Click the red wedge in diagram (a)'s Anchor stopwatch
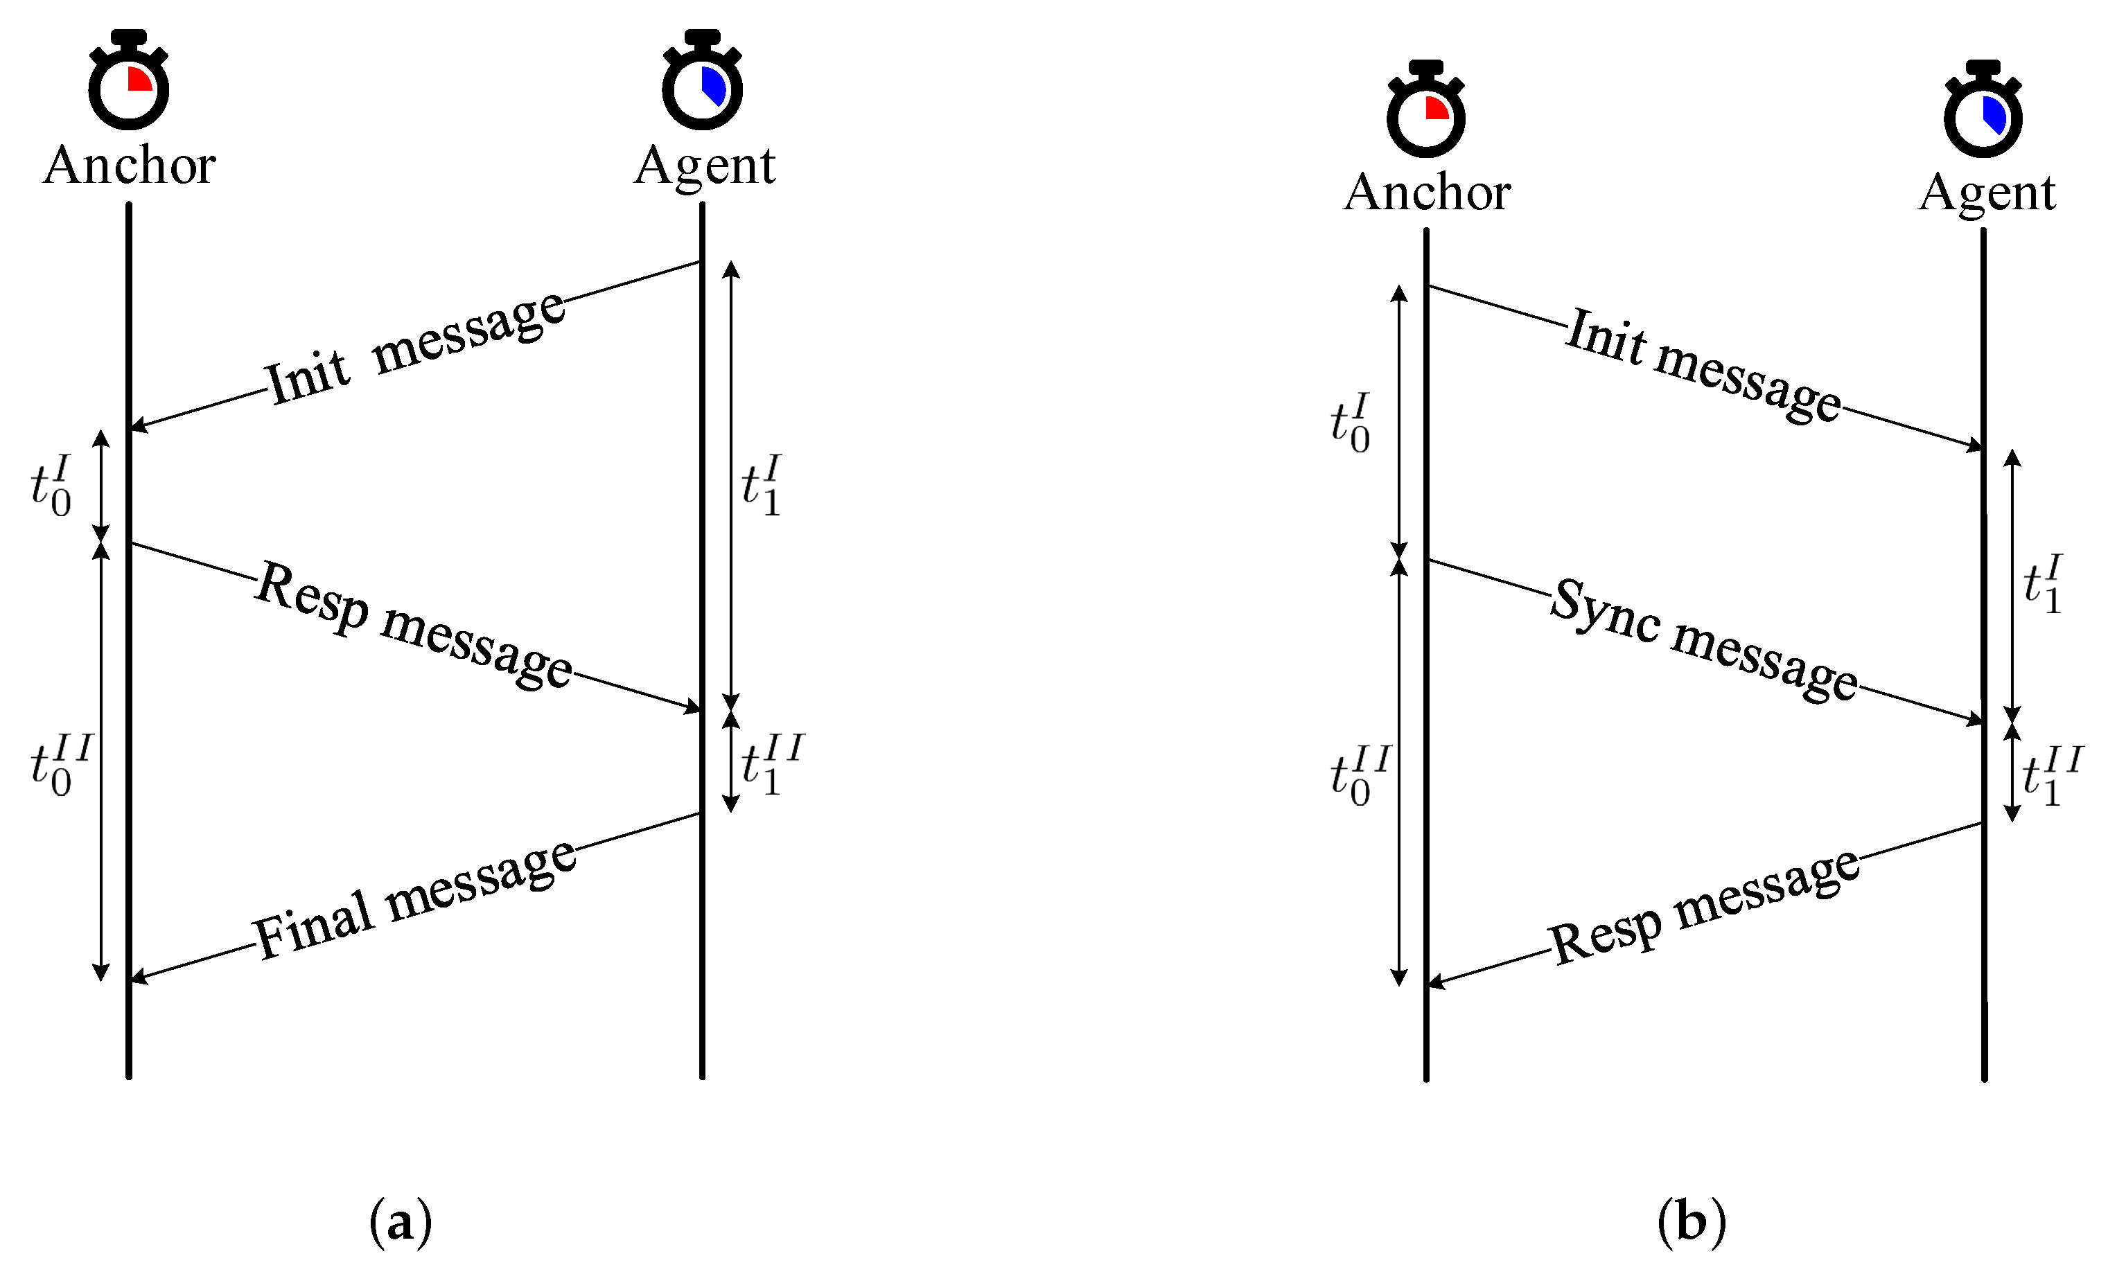click(138, 79)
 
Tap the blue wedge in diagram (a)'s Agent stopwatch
click(714, 85)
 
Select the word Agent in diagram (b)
click(1987, 192)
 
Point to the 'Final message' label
click(415, 900)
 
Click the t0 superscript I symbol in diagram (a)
click(51, 486)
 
